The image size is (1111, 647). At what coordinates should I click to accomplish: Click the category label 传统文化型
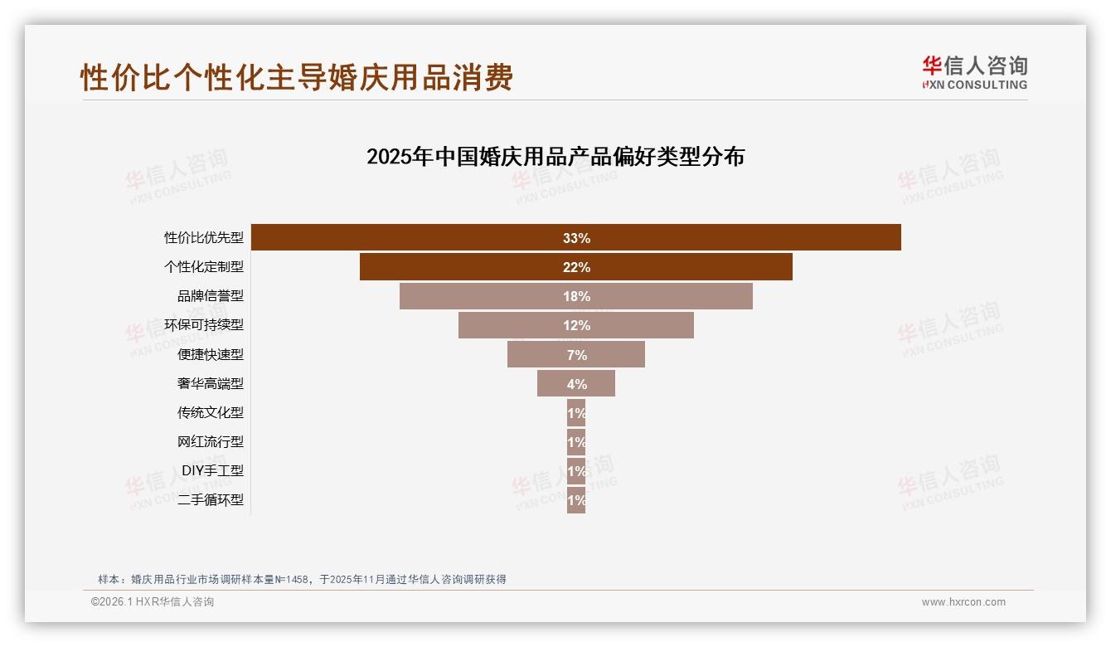(211, 412)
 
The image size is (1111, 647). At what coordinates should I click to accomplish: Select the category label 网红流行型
(211, 441)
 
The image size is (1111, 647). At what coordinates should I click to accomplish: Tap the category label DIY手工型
(212, 470)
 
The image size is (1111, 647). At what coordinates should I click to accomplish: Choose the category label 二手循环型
(211, 499)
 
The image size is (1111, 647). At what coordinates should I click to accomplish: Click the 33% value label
(576, 238)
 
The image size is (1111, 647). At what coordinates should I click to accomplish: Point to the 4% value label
(576, 384)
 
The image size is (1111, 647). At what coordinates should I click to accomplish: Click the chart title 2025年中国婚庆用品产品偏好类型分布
(555, 157)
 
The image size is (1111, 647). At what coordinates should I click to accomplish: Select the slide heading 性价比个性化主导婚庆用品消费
(297, 77)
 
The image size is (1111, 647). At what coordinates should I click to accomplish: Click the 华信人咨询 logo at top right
(974, 72)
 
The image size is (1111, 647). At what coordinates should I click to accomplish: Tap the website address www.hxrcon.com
(963, 602)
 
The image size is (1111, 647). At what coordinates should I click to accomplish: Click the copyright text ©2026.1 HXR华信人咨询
(153, 602)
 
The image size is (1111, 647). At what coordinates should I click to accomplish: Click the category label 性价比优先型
(204, 238)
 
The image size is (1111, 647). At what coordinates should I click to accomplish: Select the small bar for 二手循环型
(576, 500)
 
